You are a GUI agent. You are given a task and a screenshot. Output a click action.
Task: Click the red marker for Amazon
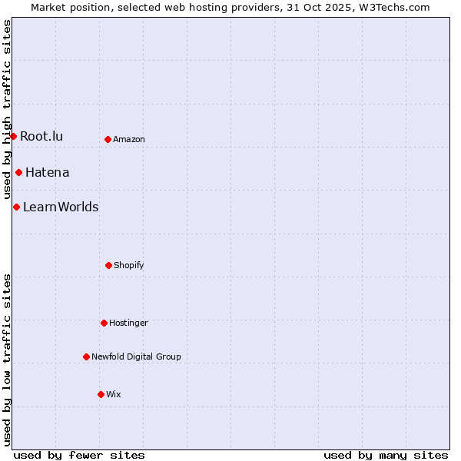108,139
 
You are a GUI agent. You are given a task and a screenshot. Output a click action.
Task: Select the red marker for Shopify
108,265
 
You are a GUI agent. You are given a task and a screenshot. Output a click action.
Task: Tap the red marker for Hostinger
104,323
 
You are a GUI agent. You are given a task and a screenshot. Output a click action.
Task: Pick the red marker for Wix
101,394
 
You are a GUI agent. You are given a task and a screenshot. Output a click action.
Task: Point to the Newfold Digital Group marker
86,357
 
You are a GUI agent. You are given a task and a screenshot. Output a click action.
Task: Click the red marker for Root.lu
13,136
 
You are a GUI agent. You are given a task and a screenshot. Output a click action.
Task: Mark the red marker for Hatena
18,172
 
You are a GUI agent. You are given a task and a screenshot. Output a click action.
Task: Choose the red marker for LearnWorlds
16,207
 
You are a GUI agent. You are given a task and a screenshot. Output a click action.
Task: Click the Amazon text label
129,140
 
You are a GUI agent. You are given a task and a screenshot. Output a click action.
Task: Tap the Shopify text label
129,266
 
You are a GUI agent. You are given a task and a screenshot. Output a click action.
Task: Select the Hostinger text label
128,323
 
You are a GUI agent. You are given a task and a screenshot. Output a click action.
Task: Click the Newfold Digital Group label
136,357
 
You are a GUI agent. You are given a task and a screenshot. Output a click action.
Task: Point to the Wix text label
114,395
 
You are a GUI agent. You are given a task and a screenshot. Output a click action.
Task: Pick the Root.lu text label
41,137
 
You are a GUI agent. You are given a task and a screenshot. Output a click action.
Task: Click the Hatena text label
47,173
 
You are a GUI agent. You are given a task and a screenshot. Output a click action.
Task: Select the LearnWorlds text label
61,207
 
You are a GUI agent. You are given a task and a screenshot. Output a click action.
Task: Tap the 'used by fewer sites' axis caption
79,455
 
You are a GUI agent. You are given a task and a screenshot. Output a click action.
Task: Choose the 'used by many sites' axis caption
386,455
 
